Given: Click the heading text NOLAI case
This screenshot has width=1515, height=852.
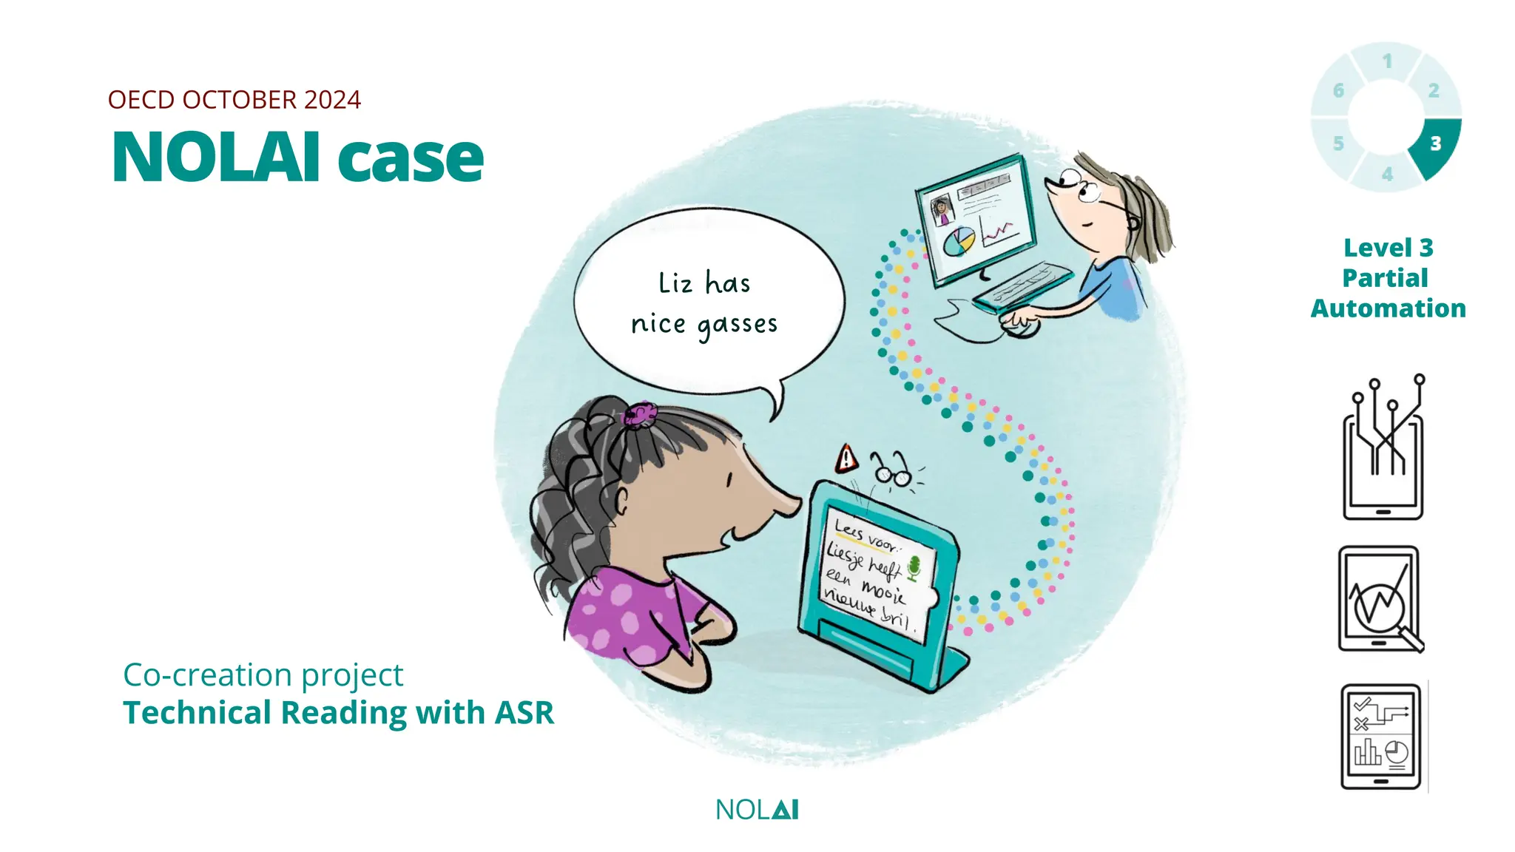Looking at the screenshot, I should coord(297,158).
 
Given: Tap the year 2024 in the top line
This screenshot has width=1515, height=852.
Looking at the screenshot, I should coord(332,100).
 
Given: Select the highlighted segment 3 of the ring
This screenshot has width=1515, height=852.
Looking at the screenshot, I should coord(1435,145).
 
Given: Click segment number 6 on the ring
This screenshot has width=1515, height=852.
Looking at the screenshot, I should coord(1338,91).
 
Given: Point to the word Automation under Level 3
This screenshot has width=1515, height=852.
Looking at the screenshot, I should coord(1388,308).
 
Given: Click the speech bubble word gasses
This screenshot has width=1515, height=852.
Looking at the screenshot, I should coord(738,325).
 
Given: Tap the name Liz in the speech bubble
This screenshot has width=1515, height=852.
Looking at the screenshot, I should coord(675,283).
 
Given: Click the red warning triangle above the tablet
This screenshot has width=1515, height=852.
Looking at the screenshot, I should coord(846,459).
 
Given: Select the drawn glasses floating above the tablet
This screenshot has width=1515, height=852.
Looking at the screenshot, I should coord(891,471).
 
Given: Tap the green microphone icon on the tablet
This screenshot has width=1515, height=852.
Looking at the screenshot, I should coord(914,567).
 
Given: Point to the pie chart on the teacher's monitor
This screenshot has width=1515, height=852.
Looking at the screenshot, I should coord(959,241).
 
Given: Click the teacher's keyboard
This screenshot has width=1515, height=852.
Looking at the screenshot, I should coord(1023,287).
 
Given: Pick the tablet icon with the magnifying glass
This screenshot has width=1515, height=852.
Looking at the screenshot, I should coord(1381,600).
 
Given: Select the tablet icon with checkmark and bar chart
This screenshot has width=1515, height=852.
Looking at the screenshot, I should coord(1381,737).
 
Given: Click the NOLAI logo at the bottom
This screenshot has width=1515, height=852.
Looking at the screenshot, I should coord(757,810).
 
